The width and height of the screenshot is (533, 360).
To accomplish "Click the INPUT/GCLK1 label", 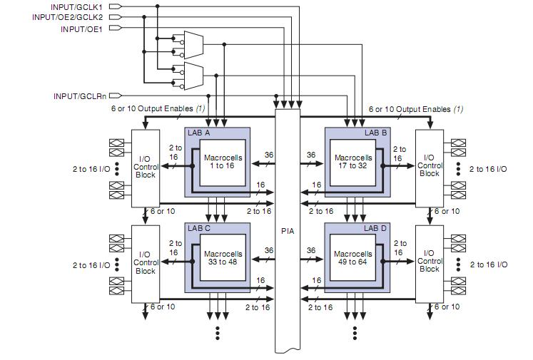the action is click(76, 7).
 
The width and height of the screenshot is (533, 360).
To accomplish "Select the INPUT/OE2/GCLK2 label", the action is click(67, 17).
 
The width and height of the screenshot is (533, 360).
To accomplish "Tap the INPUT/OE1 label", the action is click(81, 29).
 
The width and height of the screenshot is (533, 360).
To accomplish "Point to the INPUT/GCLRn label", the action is click(80, 96).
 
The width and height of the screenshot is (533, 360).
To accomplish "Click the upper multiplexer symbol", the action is click(193, 45).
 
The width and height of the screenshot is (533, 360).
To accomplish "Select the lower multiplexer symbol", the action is click(193, 76).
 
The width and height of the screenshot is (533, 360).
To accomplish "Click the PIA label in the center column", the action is click(288, 231).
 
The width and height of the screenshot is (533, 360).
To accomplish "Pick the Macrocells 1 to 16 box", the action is click(223, 163).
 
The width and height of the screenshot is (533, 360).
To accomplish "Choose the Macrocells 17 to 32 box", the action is click(353, 163).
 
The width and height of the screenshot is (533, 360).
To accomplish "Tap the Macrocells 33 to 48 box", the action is click(223, 258).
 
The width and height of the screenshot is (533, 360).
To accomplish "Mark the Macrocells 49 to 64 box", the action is click(353, 258).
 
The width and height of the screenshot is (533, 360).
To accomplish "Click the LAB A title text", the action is click(199, 133).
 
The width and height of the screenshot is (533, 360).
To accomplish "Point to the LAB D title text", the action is click(375, 228).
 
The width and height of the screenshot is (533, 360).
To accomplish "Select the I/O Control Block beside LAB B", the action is click(430, 168).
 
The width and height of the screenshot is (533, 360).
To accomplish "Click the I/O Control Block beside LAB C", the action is click(146, 264).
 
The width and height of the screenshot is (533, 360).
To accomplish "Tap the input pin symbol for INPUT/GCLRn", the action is click(116, 96).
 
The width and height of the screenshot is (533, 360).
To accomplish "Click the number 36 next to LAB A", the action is click(269, 155).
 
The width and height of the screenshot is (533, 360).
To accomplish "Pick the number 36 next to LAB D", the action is click(311, 250).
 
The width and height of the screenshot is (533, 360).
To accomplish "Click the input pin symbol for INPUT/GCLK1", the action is click(116, 6).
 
